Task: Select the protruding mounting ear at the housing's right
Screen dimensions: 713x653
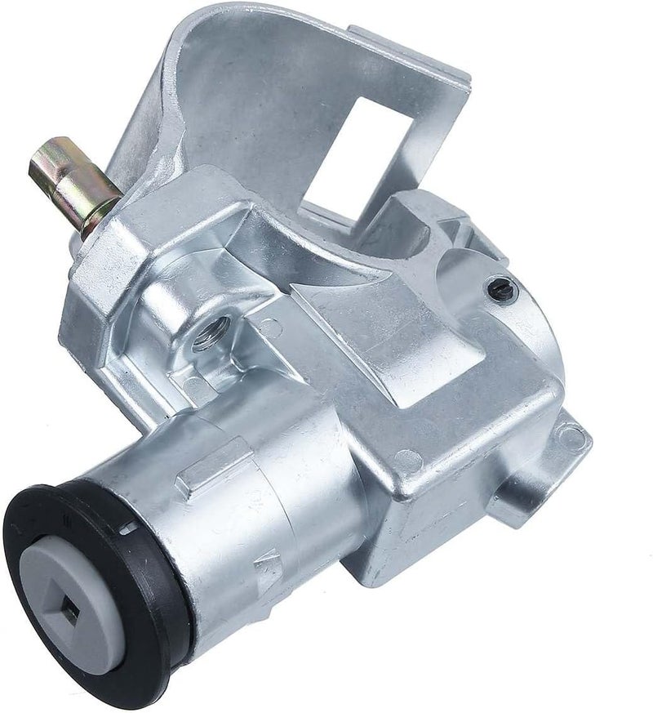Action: pos(555,466)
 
